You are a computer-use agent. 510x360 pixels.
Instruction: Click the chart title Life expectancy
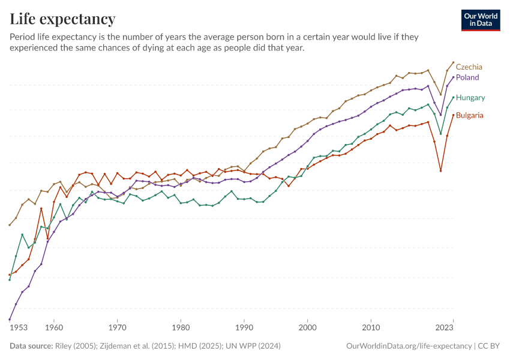pyautogui.click(x=63, y=19)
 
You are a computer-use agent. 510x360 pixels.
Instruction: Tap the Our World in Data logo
pyautogui.click(x=481, y=20)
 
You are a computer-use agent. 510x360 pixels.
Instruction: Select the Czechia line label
pyautogui.click(x=469, y=67)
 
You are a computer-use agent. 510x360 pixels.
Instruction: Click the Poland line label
pyautogui.click(x=467, y=77)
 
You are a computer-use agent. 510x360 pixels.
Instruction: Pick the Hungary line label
pyautogui.click(x=470, y=97)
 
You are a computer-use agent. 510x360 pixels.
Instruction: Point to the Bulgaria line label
pyautogui.click(x=470, y=115)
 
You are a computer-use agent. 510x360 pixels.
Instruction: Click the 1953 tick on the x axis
pyautogui.click(x=19, y=328)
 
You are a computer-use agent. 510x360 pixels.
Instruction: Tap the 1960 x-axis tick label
pyautogui.click(x=54, y=328)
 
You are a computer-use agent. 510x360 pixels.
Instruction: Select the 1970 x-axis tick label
pyautogui.click(x=118, y=328)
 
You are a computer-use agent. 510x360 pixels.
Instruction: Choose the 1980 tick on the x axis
pyautogui.click(x=181, y=328)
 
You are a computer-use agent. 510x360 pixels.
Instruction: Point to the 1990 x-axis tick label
pyautogui.click(x=244, y=328)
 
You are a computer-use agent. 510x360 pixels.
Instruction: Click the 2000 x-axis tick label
pyautogui.click(x=308, y=328)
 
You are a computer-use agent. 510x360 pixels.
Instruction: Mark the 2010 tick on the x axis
pyautogui.click(x=371, y=328)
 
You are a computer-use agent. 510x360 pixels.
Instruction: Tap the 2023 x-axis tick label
pyautogui.click(x=445, y=328)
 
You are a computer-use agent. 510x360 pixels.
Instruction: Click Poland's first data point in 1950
pyautogui.click(x=10, y=320)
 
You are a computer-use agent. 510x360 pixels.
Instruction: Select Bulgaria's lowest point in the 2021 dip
pyautogui.click(x=441, y=171)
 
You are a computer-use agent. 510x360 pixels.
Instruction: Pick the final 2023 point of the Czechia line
pyautogui.click(x=454, y=62)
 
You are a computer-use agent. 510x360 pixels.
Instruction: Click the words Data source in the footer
pyautogui.click(x=30, y=346)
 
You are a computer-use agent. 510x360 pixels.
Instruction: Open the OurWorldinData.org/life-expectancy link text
pyautogui.click(x=409, y=346)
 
